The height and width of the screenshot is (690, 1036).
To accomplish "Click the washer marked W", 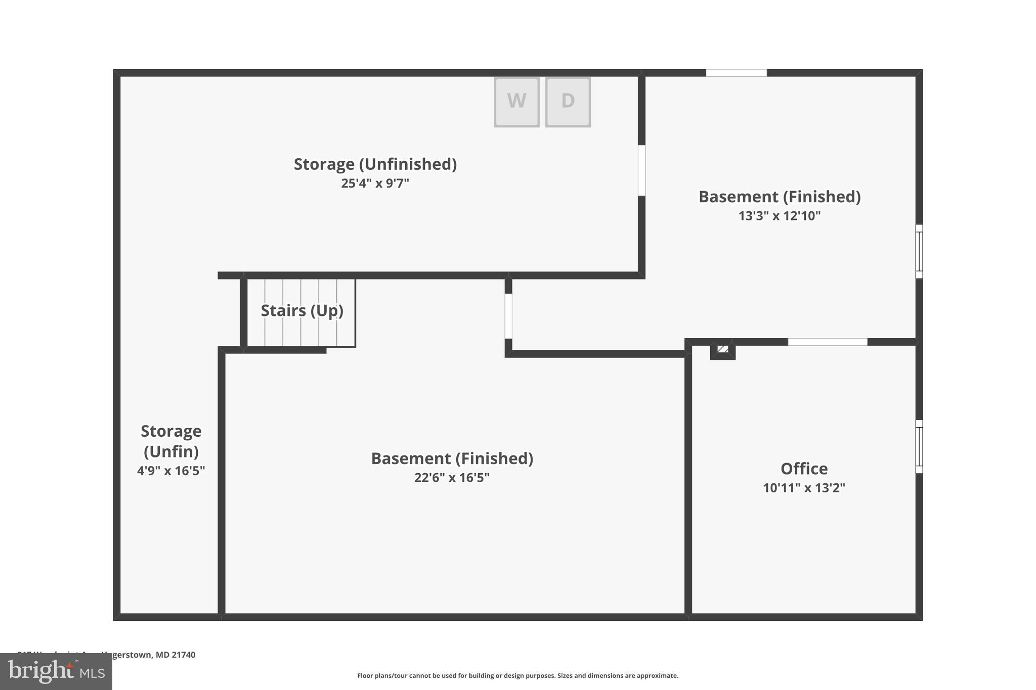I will pyautogui.click(x=516, y=101).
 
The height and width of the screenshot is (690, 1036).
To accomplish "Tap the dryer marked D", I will pyautogui.click(x=568, y=101).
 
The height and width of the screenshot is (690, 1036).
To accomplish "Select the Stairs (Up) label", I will pyautogui.click(x=302, y=310).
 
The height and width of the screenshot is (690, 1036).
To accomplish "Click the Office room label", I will pyautogui.click(x=804, y=469).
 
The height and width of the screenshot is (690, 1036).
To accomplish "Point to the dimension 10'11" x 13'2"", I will pyautogui.click(x=804, y=488).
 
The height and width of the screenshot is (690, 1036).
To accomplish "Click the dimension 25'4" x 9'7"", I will pyautogui.click(x=375, y=183).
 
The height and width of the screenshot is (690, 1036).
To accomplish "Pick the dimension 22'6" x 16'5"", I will pyautogui.click(x=452, y=478).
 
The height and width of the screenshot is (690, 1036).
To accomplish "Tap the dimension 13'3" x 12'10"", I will pyautogui.click(x=780, y=216).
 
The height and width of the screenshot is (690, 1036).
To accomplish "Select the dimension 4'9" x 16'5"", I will pyautogui.click(x=171, y=471).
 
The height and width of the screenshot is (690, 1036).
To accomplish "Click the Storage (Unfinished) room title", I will pyautogui.click(x=375, y=164).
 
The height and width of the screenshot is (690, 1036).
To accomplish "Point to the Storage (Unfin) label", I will pyautogui.click(x=171, y=441).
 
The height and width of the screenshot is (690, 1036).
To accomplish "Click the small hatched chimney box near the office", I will pyautogui.click(x=723, y=349).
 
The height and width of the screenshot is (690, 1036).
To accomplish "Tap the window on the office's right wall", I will pyautogui.click(x=919, y=446).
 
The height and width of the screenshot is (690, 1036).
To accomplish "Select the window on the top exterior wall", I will pyautogui.click(x=736, y=73).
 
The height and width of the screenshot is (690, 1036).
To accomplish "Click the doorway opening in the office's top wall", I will pyautogui.click(x=828, y=342).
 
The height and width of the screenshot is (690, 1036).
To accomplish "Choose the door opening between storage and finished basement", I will pyautogui.click(x=641, y=170).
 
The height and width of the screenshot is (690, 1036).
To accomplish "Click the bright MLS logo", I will pyautogui.click(x=56, y=671).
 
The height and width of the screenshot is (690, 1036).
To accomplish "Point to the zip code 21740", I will pyautogui.click(x=183, y=655).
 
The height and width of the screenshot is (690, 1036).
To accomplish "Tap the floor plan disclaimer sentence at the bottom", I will pyautogui.click(x=517, y=675).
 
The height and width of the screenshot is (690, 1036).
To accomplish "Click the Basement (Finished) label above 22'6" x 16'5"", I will pyautogui.click(x=452, y=458).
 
